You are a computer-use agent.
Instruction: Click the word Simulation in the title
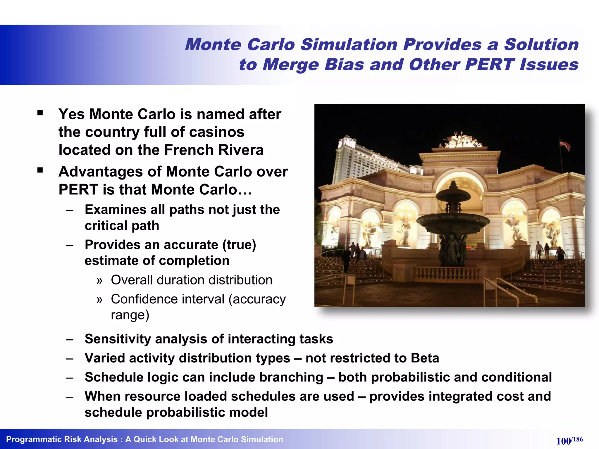point(349,45)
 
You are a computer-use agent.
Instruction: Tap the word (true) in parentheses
point(239,245)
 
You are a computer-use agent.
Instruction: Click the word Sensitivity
point(118,339)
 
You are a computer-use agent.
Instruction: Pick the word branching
point(291,377)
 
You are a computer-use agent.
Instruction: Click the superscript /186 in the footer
point(577,439)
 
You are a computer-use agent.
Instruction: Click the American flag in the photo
point(565,144)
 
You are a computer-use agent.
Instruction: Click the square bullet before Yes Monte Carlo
point(40,113)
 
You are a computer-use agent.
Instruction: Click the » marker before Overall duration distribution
point(99,281)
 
